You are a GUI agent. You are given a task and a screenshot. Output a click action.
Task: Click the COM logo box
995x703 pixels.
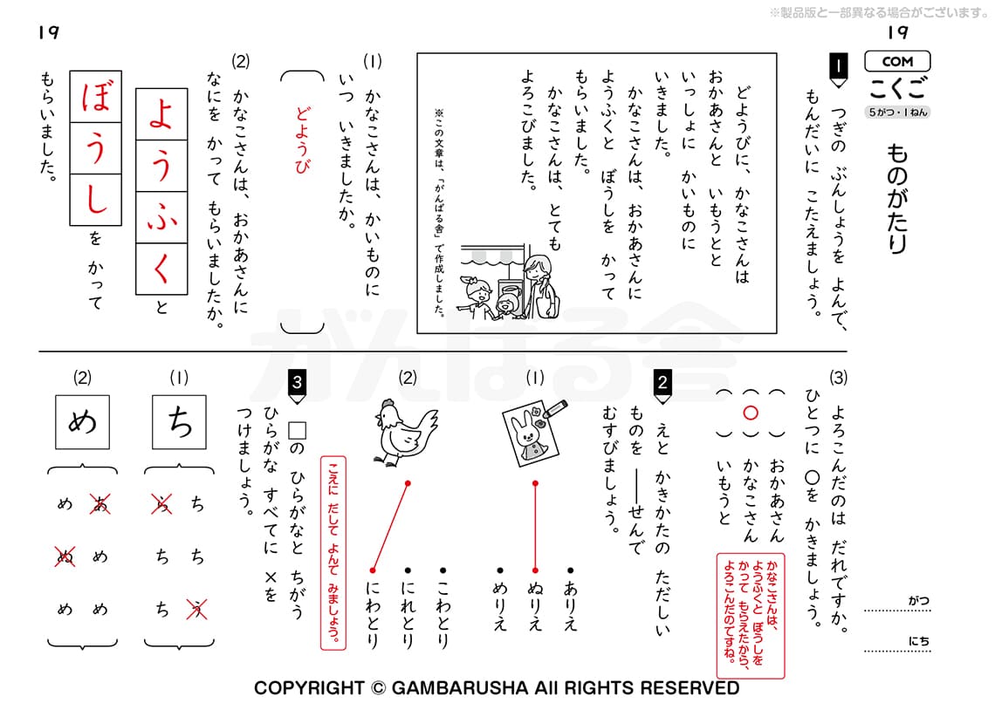point(897,61)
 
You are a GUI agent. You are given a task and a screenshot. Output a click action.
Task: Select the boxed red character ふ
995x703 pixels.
point(161,217)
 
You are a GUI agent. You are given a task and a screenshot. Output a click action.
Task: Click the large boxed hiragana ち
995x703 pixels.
point(178,421)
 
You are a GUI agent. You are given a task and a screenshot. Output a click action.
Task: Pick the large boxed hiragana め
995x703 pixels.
point(82,421)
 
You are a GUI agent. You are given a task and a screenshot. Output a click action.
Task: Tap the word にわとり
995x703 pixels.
point(374,614)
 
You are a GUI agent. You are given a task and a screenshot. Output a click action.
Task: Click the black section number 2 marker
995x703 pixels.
point(663,383)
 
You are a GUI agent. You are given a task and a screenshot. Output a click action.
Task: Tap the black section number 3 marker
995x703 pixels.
point(297,383)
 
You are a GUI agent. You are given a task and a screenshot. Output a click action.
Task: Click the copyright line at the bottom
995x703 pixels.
point(497,687)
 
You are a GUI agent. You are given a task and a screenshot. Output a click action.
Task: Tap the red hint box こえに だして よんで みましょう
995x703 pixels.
point(333,553)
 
